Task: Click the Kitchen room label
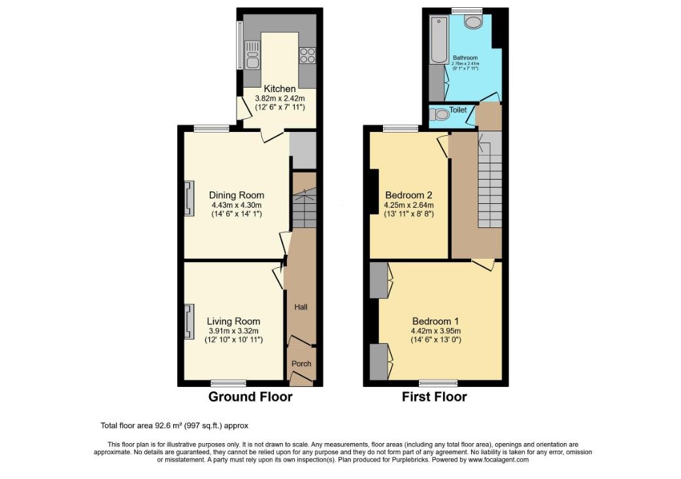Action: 280,89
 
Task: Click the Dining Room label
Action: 237,195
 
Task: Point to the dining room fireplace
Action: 189,198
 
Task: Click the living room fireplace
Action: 189,322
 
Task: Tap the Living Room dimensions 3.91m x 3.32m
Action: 233,331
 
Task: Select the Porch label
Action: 301,364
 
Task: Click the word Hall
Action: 301,307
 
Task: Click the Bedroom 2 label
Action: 408,195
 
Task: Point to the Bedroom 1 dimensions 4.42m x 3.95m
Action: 435,331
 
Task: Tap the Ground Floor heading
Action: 250,397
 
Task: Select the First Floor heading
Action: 435,397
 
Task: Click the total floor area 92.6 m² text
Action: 174,425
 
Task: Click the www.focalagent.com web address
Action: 495,459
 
